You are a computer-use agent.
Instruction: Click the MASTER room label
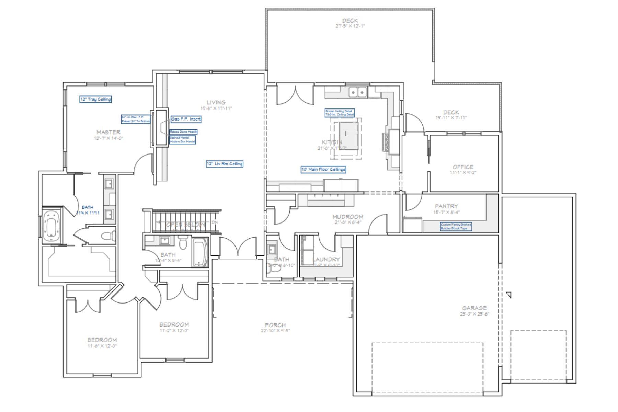tap(108, 132)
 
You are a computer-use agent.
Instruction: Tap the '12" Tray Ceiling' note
tap(95, 99)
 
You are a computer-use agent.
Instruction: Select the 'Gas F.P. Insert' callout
tap(186, 119)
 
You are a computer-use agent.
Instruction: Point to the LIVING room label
tap(216, 102)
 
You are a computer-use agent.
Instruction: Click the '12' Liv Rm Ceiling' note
tap(225, 164)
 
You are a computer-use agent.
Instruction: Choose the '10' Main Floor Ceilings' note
tap(323, 169)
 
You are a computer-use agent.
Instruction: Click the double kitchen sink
tap(358, 92)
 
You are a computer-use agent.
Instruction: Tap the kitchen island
tap(348, 135)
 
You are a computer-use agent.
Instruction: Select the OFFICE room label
tap(463, 167)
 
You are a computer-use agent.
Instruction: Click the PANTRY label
tap(446, 206)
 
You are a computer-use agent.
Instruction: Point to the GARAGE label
tap(474, 308)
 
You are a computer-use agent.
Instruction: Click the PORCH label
tap(275, 325)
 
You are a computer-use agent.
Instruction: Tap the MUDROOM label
tap(347, 217)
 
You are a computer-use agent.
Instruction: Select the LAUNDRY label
tap(327, 259)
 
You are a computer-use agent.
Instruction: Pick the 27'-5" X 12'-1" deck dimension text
tap(350, 26)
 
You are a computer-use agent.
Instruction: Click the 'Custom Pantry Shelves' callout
tap(456, 224)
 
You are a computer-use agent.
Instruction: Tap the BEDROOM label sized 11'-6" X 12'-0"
tap(102, 340)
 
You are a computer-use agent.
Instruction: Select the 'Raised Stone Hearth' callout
tap(183, 132)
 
